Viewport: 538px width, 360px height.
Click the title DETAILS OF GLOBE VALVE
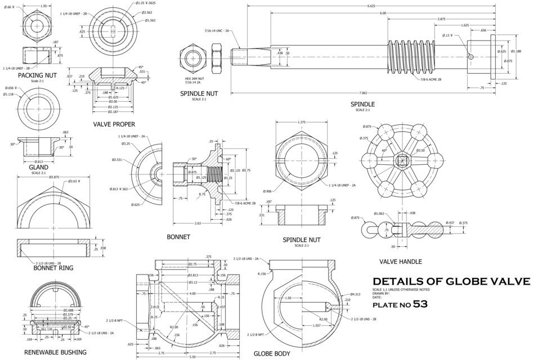451,281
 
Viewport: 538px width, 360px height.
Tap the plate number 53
420,304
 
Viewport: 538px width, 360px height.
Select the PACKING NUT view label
37,75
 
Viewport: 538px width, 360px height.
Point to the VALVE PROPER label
114,124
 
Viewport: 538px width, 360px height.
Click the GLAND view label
38,167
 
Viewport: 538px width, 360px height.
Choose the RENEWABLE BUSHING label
55,352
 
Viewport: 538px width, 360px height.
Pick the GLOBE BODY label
272,353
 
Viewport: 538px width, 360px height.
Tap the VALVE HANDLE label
400,262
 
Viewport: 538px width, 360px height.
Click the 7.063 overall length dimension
362,93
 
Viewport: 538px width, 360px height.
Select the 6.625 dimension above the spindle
371,6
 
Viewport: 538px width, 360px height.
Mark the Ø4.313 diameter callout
355,294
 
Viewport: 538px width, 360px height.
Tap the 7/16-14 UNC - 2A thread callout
216,31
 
